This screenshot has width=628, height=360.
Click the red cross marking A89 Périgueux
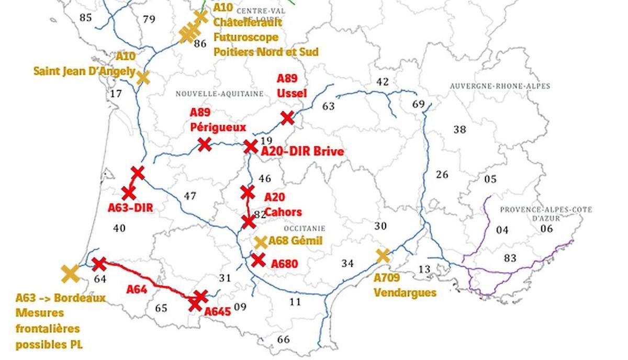click(x=204, y=144)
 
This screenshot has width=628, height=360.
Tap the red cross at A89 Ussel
click(x=287, y=117)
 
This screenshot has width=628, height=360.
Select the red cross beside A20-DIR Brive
click(x=251, y=147)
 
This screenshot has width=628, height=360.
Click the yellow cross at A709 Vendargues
click(x=383, y=255)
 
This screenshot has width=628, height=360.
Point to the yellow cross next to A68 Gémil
click(x=261, y=242)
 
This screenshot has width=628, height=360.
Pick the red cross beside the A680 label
click(x=258, y=260)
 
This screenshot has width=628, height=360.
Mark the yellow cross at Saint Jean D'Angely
click(x=143, y=78)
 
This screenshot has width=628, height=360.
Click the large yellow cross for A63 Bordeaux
click(x=70, y=273)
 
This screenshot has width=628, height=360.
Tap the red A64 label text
click(x=137, y=288)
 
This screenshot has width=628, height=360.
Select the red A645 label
click(x=217, y=312)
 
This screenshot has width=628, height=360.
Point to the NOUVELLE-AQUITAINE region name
click(x=219, y=94)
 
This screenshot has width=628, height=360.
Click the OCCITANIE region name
click(x=304, y=229)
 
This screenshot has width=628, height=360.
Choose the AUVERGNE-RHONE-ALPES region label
click(x=500, y=86)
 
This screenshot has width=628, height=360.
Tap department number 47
click(x=190, y=196)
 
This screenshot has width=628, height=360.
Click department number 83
click(x=510, y=258)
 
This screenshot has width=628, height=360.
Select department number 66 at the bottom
click(x=283, y=340)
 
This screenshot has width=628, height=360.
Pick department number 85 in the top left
click(x=85, y=18)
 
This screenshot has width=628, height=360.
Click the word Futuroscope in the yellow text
click(x=245, y=37)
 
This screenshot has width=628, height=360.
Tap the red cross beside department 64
click(x=99, y=263)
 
